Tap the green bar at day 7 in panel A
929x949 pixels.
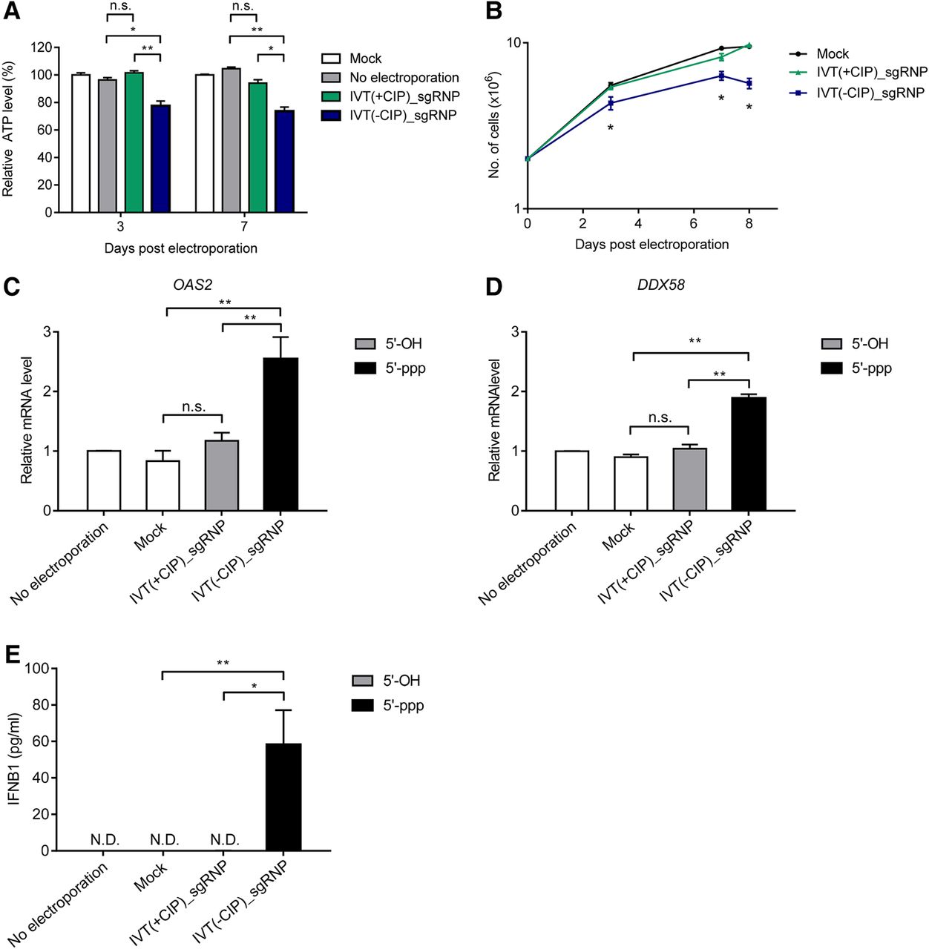(257, 148)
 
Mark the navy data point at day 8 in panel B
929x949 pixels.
(749, 83)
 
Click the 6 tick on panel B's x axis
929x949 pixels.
(694, 224)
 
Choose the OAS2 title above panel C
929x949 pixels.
(192, 285)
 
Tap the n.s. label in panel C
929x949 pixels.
(193, 407)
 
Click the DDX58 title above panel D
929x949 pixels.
(660, 285)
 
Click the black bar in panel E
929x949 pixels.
(283, 797)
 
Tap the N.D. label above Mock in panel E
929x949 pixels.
(165, 840)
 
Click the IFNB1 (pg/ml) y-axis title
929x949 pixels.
(15, 758)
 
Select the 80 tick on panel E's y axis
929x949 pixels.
(42, 705)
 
